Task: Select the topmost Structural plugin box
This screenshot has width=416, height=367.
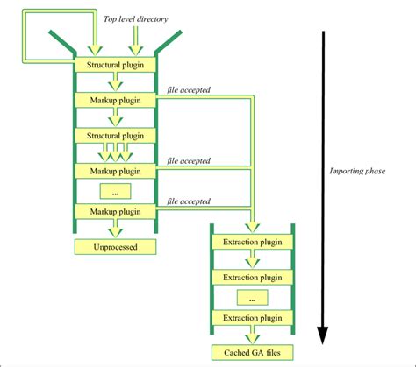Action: (115, 64)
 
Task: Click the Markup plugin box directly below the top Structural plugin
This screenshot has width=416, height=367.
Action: (115, 100)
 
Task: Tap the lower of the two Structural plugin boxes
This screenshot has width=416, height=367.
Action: (115, 136)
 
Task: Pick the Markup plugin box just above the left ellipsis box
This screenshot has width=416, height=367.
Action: (115, 171)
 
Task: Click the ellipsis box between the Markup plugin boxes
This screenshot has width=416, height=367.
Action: (115, 192)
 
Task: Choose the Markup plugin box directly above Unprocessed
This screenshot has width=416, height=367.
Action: (115, 212)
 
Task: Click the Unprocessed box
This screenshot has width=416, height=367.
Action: (115, 247)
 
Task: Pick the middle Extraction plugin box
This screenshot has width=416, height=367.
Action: (252, 277)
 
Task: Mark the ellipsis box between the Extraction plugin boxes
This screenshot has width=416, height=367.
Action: (252, 298)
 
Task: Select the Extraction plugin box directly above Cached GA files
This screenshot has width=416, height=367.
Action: (252, 318)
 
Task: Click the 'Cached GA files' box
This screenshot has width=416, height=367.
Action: (252, 353)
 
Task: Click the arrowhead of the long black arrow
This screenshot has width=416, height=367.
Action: (322, 335)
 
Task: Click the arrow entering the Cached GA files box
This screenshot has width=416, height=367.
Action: (252, 337)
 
